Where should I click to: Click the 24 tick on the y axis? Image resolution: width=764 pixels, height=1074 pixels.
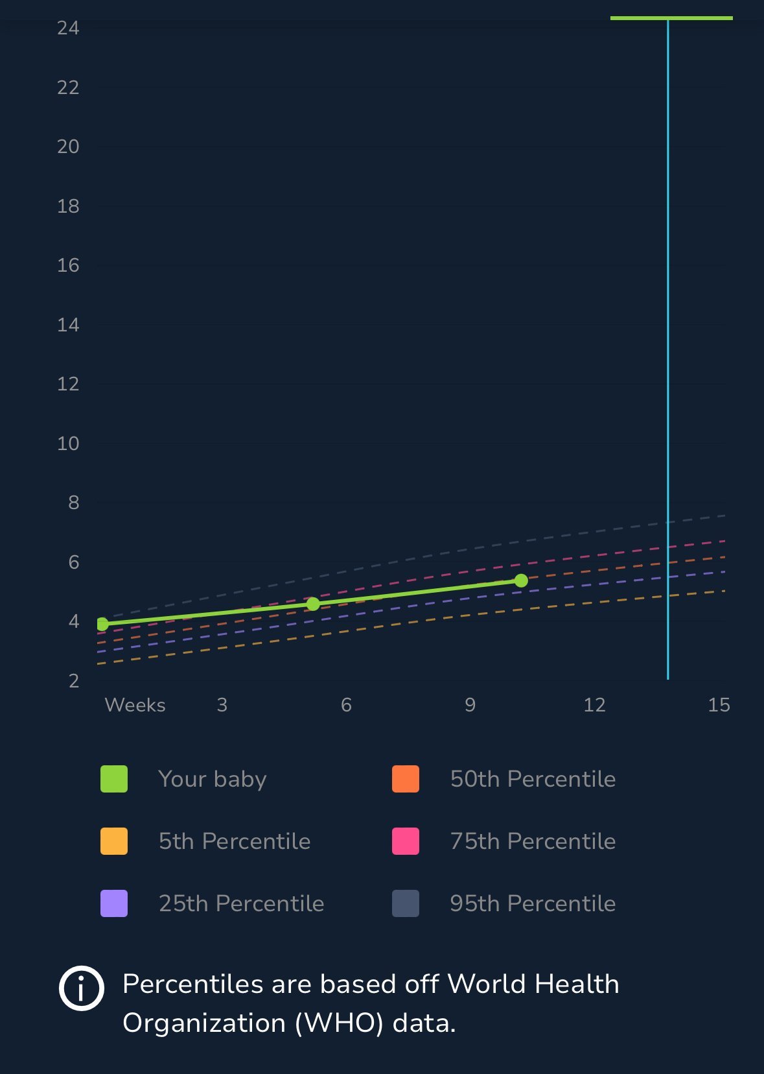(68, 28)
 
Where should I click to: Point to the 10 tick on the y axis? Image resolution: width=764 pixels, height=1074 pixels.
(68, 444)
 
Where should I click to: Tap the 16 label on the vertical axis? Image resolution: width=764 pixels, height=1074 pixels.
(68, 265)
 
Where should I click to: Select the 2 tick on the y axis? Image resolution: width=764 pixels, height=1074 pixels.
(74, 681)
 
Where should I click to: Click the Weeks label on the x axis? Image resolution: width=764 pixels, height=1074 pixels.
(135, 705)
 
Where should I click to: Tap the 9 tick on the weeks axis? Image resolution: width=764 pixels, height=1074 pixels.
(470, 705)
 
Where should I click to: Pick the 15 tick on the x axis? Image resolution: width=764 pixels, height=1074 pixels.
(719, 705)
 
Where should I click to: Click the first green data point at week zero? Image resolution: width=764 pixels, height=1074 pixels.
(102, 624)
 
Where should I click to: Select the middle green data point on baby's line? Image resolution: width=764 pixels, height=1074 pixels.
(313, 604)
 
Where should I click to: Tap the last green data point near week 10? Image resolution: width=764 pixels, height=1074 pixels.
(521, 580)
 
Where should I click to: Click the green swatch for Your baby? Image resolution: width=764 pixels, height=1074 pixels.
(114, 779)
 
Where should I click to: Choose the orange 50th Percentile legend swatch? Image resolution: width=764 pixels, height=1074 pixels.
(406, 779)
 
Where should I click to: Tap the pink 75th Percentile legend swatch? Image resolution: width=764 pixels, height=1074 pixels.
(406, 841)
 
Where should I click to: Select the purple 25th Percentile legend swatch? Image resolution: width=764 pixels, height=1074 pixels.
(114, 903)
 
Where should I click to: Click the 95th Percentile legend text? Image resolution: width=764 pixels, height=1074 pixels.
(533, 903)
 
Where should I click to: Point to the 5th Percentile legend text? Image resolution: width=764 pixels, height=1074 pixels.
(235, 841)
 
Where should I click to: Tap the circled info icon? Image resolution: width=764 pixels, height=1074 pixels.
(82, 988)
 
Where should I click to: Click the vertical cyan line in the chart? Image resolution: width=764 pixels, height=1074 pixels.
(668, 324)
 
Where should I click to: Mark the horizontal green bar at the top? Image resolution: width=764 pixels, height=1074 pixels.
(671, 18)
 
